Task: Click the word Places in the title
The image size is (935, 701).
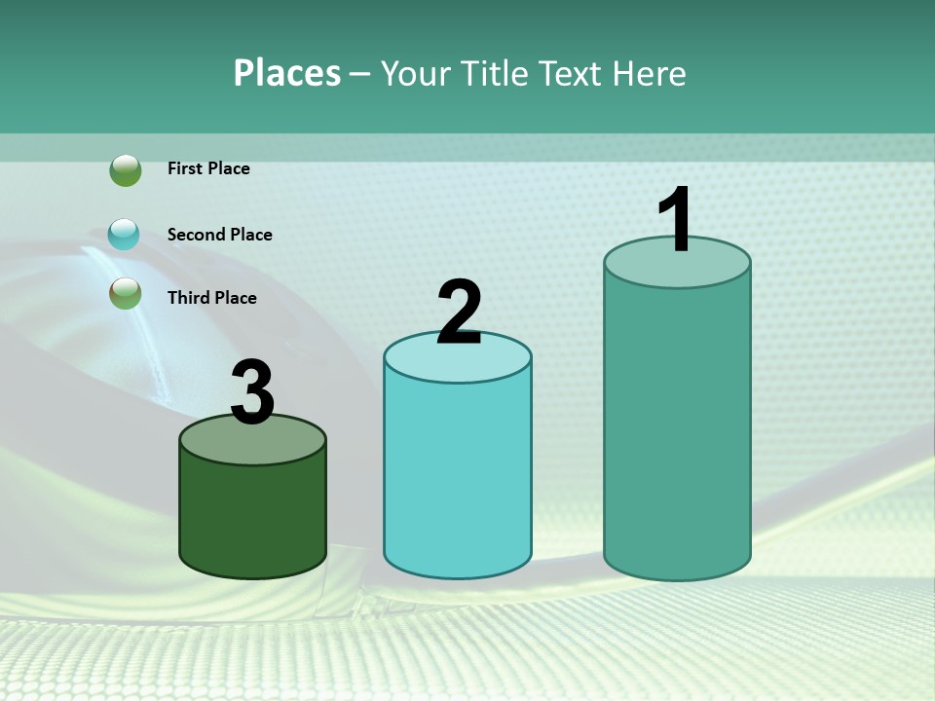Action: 287,73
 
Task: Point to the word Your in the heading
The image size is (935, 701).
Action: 417,73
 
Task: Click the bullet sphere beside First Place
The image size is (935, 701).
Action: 126,170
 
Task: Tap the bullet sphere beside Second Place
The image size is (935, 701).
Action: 124,234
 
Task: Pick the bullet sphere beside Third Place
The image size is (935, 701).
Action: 126,293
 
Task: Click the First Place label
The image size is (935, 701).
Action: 208,168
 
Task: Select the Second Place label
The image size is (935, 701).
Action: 219,235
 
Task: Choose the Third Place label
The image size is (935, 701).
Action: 211,298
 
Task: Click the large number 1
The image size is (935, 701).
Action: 675,220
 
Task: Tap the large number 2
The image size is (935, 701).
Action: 459,313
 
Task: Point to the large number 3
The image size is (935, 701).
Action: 252,392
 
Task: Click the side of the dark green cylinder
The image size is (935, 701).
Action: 252,516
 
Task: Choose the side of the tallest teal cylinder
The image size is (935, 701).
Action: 677,428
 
